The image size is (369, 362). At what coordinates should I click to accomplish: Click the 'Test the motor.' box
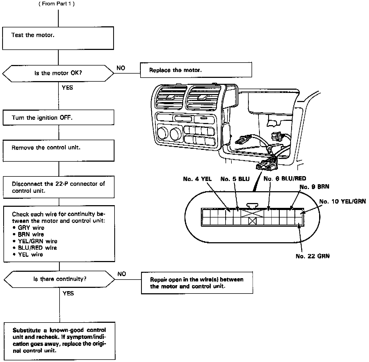pyautogui.click(x=58, y=38)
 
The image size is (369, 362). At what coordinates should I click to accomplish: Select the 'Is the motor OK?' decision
pyautogui.click(x=58, y=73)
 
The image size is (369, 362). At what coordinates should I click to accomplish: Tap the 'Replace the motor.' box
pyautogui.click(x=196, y=70)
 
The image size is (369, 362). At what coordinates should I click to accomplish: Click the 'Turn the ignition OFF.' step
pyautogui.click(x=58, y=118)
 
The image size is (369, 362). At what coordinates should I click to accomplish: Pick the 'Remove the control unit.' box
pyautogui.click(x=58, y=150)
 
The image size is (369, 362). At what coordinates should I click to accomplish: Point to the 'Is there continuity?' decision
pyautogui.click(x=60, y=279)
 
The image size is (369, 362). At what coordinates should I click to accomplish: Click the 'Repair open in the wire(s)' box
pyautogui.click(x=197, y=283)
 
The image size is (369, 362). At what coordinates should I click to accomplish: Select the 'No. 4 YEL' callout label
pyautogui.click(x=197, y=179)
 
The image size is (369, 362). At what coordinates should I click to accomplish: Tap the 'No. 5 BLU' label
pyautogui.click(x=235, y=179)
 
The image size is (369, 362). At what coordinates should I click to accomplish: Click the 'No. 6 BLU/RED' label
pyautogui.click(x=285, y=179)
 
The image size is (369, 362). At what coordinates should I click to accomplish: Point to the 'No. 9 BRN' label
pyautogui.click(x=314, y=187)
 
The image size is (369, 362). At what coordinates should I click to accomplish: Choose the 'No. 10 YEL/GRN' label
pyautogui.click(x=342, y=201)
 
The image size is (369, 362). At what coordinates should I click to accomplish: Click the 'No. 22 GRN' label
pyautogui.click(x=312, y=256)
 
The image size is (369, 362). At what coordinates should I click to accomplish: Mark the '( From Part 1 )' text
pyautogui.click(x=57, y=4)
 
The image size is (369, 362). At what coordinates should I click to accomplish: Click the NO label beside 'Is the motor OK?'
pyautogui.click(x=121, y=68)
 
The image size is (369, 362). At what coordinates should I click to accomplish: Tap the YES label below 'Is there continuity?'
pyautogui.click(x=68, y=293)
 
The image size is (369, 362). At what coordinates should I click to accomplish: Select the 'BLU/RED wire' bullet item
pyautogui.click(x=37, y=248)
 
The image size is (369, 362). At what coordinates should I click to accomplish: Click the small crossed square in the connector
pyautogui.click(x=252, y=221)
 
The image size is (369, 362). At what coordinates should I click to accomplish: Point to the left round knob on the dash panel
pyautogui.click(x=163, y=133)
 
